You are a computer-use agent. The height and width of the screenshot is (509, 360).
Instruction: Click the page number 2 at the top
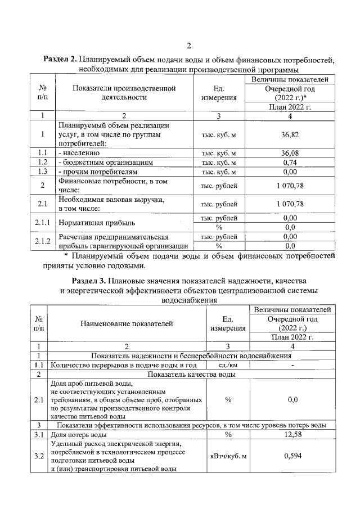tap(190, 46)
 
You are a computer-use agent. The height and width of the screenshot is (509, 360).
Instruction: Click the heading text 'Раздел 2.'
tap(61, 60)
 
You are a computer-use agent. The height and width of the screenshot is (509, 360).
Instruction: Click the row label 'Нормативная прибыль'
tap(93, 222)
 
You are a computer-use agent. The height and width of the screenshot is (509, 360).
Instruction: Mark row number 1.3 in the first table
tap(43, 172)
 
